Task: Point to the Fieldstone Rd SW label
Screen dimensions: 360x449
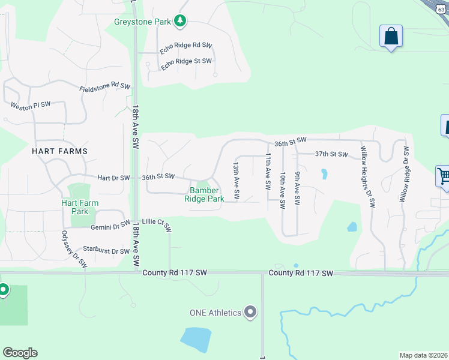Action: (x=104, y=88)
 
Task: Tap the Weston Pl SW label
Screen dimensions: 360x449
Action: (x=30, y=104)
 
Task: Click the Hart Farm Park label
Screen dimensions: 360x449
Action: (x=80, y=207)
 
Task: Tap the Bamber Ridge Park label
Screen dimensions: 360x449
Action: (x=204, y=194)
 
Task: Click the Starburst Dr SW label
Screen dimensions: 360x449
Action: (x=107, y=251)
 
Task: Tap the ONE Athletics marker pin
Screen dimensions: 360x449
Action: (x=251, y=312)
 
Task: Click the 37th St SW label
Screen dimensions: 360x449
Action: (x=331, y=154)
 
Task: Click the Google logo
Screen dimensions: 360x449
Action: (x=20, y=353)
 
